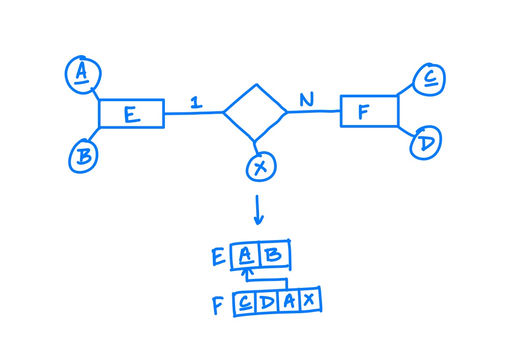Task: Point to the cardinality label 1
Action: tap(196, 103)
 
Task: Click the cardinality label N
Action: tap(307, 99)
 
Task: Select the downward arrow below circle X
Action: tap(258, 210)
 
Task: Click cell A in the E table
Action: tap(245, 256)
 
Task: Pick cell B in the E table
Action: tap(274, 255)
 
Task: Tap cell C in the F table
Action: tap(245, 303)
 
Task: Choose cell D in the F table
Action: tap(267, 302)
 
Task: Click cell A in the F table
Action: tap(289, 301)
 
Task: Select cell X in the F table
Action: tap(310, 300)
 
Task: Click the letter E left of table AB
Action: tap(218, 257)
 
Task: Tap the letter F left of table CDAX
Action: tap(218, 305)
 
